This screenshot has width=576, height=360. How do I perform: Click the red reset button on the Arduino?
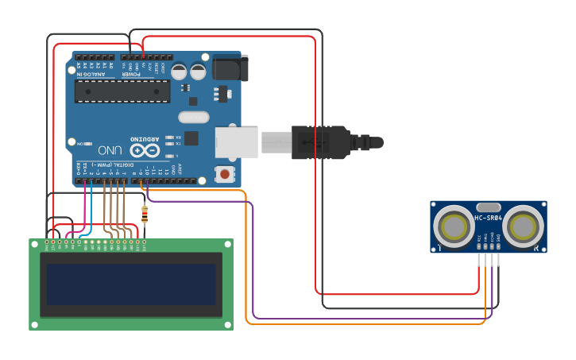pyautogui.click(x=226, y=173)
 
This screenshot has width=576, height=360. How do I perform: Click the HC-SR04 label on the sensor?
pyautogui.click(x=489, y=218)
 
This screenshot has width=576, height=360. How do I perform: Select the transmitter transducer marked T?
pyautogui.click(x=455, y=226)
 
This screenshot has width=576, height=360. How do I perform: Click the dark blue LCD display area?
pyautogui.click(x=131, y=285)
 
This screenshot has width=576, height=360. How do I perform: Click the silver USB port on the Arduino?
pyautogui.click(x=238, y=141)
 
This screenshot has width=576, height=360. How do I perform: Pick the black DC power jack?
pyautogui.click(x=230, y=68)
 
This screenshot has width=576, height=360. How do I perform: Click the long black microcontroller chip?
pyautogui.click(x=122, y=91)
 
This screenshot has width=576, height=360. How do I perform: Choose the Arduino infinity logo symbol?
pyautogui.click(x=145, y=149)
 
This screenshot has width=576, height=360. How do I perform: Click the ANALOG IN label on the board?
pyautogui.click(x=94, y=73)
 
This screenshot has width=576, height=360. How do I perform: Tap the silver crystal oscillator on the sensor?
pyautogui.click(x=489, y=207)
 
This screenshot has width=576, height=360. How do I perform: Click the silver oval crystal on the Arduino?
pyautogui.click(x=193, y=117)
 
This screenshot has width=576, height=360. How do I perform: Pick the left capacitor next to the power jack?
pyautogui.click(x=180, y=72)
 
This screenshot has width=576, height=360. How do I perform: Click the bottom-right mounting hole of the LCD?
pyautogui.click(x=228, y=324)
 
